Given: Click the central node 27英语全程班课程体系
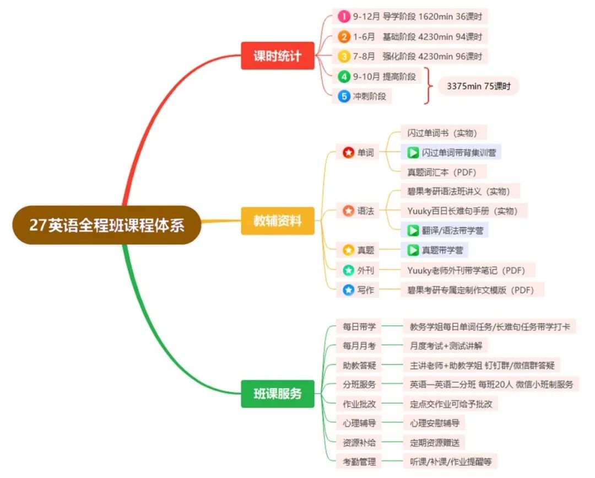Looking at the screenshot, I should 107,225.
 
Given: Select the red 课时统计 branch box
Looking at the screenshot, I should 277,56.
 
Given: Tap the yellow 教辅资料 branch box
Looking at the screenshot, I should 277,221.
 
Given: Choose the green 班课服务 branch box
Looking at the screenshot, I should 277,394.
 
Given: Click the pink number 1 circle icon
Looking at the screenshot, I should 344,17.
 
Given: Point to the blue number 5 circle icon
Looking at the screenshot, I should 344,96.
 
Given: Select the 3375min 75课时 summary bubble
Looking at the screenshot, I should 479,86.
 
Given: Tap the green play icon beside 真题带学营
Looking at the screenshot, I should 413,250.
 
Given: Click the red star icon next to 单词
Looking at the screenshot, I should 348,153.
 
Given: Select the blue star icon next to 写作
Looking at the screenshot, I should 348,289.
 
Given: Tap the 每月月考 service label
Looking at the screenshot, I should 359,346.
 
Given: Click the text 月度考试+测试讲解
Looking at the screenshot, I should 446,346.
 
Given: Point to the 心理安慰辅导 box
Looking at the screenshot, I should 434,423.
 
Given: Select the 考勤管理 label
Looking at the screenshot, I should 359,461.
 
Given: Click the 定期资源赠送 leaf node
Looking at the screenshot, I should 434,442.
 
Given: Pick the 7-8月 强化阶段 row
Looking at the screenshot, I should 410,56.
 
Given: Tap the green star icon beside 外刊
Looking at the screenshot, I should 348,270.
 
